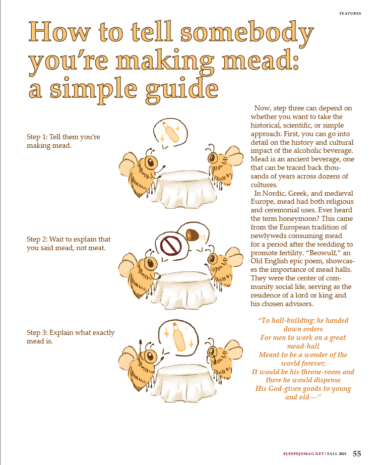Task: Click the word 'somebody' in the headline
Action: [247, 33]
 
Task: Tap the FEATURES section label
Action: [350, 13]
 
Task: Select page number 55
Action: [357, 454]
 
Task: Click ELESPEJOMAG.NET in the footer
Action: [303, 454]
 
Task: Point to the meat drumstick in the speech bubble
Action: [195, 235]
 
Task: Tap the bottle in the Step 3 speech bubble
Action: [179, 337]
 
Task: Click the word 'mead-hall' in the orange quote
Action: [303, 346]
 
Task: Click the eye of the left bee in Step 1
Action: [151, 162]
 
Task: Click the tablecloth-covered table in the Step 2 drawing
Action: [183, 291]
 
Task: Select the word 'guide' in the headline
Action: [182, 89]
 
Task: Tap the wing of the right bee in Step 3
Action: [232, 350]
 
